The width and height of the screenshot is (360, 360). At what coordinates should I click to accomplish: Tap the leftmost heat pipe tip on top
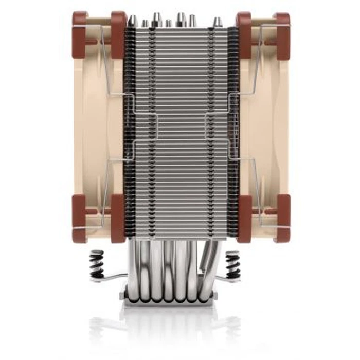click(132, 21)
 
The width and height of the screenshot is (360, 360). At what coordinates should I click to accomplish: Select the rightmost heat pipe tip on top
click(218, 21)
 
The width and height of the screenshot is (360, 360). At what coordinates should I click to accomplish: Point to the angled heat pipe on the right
click(212, 262)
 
